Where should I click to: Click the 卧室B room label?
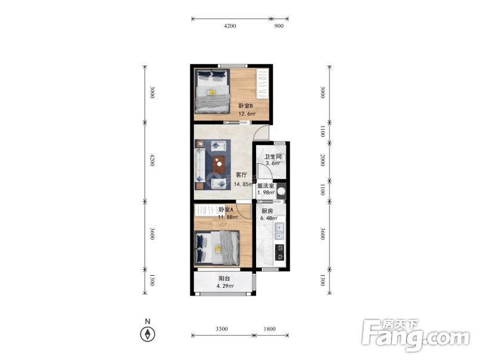click(x=245, y=106)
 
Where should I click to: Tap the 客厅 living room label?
click(x=241, y=175)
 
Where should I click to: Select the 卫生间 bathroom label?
click(x=273, y=157)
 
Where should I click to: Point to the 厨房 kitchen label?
click(x=267, y=211)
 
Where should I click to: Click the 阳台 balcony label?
click(x=224, y=279)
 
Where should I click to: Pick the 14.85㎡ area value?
click(x=244, y=184)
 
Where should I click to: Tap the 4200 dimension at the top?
click(x=230, y=26)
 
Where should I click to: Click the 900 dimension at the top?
click(x=279, y=26)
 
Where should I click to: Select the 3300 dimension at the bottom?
click(x=221, y=329)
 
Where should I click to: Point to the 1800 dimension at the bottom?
click(x=269, y=329)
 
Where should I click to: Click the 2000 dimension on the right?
click(x=322, y=160)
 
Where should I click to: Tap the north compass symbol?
click(x=147, y=334)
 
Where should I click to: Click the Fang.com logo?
click(x=415, y=336)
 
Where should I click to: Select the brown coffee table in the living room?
click(x=219, y=164)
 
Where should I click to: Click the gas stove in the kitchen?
click(x=279, y=253)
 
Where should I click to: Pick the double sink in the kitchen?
click(x=279, y=232)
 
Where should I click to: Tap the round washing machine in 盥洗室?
click(x=281, y=192)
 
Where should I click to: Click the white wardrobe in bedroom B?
click(x=262, y=84)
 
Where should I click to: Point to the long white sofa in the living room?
click(x=200, y=165)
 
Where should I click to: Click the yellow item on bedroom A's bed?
click(x=218, y=249)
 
